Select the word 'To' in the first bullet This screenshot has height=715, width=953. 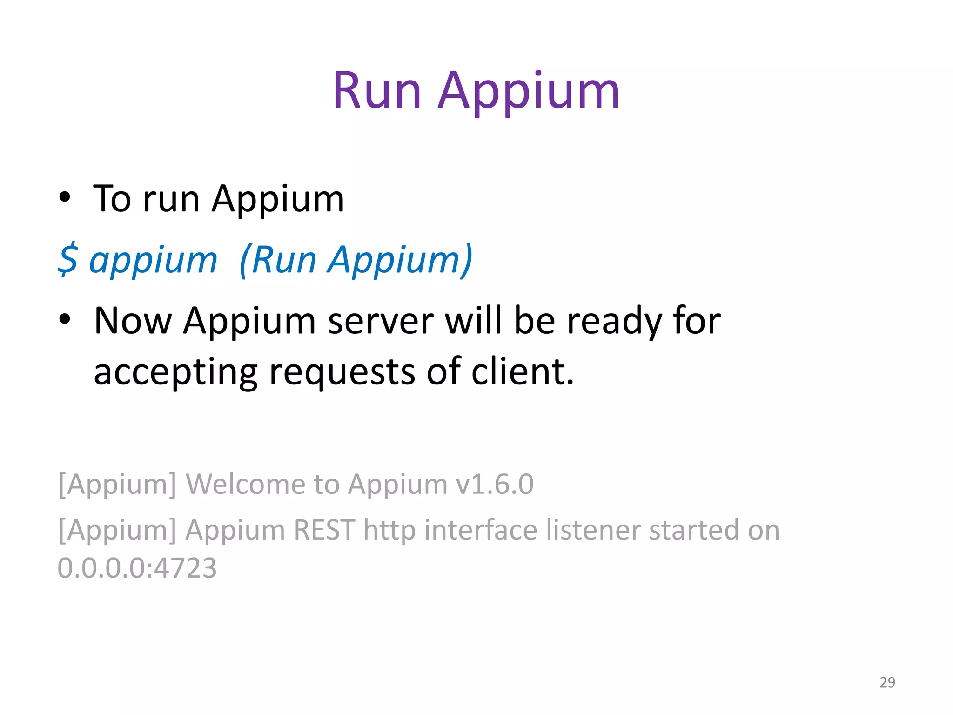click(x=112, y=199)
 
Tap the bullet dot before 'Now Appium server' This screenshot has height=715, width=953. click(x=65, y=319)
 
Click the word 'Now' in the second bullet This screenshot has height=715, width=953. click(x=133, y=321)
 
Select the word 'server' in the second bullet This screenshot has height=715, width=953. click(x=381, y=322)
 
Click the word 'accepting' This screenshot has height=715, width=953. click(x=175, y=373)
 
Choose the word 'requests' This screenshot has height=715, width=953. click(x=342, y=373)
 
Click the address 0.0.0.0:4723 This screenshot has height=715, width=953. click(x=137, y=568)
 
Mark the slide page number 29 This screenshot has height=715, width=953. click(x=887, y=682)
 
